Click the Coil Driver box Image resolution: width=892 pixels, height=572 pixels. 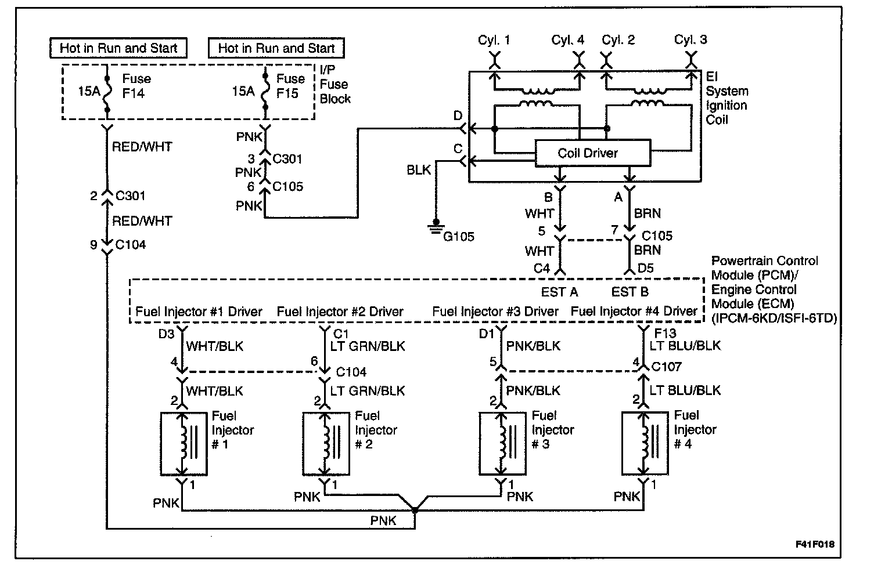coord(592,153)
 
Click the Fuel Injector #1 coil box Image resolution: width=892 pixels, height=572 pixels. coord(183,443)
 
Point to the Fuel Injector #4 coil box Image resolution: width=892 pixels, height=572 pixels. coord(643,443)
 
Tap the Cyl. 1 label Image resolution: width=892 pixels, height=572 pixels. coord(494,39)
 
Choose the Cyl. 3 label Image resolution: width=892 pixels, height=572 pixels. coord(690,39)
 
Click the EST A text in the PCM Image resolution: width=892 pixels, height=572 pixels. coord(560,291)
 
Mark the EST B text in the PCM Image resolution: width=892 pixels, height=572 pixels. coord(630,291)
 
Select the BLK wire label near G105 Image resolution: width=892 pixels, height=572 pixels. coord(419,170)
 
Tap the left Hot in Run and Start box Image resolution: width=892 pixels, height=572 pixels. coord(118,48)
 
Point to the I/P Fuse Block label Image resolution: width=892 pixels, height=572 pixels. coord(335,84)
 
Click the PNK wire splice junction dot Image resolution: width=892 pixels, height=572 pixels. coord(415,511)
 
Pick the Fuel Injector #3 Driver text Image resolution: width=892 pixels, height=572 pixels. coord(495,312)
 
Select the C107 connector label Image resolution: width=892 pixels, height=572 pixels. coord(666,367)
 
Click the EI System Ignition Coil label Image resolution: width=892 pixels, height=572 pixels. coord(726,98)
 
